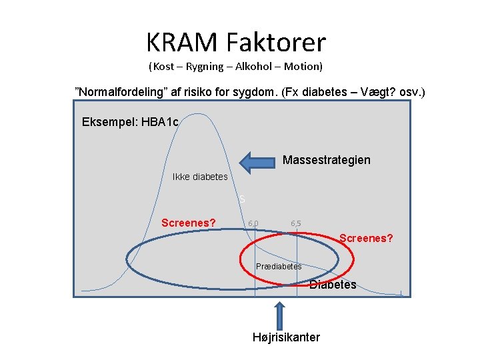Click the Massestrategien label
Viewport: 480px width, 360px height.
[x=327, y=160]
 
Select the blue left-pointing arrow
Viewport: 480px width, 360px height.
[x=257, y=162]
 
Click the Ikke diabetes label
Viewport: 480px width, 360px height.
[x=200, y=177]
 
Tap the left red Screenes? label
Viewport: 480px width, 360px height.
[x=189, y=223]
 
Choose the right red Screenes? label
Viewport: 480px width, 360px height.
[x=366, y=238]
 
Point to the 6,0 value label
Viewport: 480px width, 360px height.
[x=253, y=223]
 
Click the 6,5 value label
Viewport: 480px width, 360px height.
[x=296, y=223]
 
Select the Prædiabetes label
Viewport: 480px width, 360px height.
[x=279, y=267]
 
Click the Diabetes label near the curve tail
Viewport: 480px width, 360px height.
[x=333, y=285]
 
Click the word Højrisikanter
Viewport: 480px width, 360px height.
[x=286, y=337]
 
